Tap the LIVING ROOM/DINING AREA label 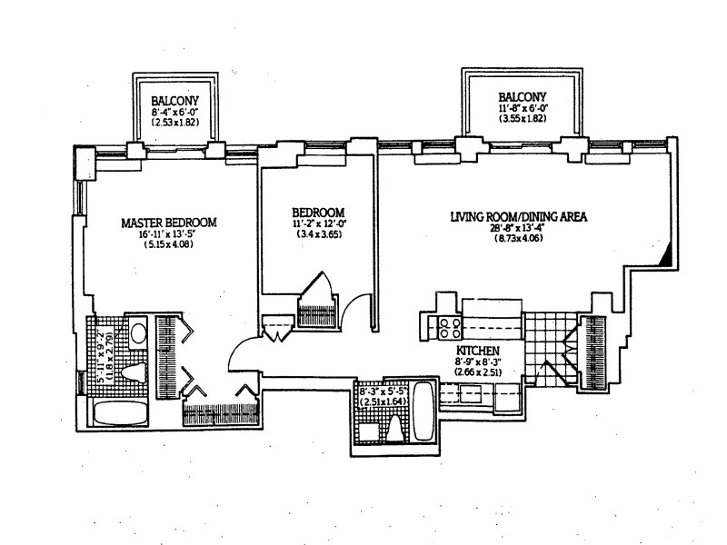click(519, 217)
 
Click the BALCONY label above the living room click(522, 97)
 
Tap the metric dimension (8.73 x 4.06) click(519, 239)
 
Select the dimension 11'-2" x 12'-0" click(317, 223)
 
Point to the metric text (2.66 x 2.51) click(477, 372)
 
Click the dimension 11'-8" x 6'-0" click(522, 108)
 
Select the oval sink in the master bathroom click(139, 332)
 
